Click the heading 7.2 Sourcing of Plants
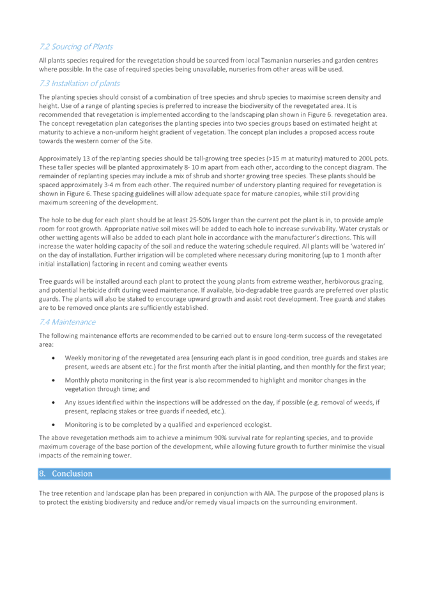coord(76,47)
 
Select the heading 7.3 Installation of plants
coord(79,83)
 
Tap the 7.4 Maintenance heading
coord(68,322)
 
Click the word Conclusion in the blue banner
coord(72,473)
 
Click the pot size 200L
coord(367,158)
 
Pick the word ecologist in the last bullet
coord(258,425)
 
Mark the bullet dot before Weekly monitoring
coord(53,358)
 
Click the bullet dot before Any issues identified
coord(53,403)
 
